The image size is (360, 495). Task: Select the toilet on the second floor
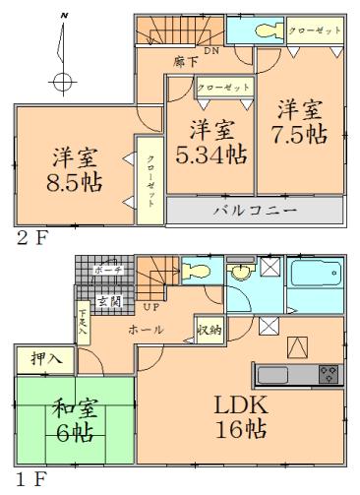(269, 31)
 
